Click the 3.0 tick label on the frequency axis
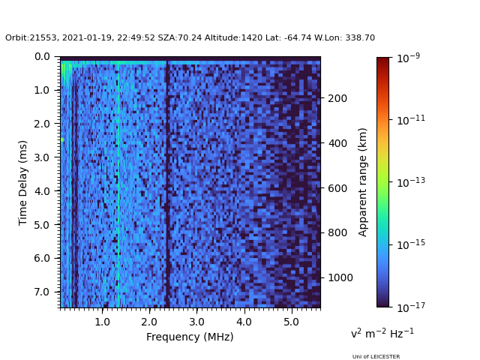click(x=196, y=322)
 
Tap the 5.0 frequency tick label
click(x=291, y=322)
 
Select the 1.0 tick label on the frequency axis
click(x=102, y=322)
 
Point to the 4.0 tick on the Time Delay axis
click(x=41, y=191)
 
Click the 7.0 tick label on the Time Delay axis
click(x=41, y=292)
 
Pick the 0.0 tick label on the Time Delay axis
click(x=41, y=57)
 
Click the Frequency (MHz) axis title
click(x=190, y=337)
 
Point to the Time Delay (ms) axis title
click(x=23, y=182)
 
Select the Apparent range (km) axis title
click(x=363, y=181)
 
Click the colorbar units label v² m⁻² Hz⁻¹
click(x=382, y=333)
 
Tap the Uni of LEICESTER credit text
click(x=376, y=356)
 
